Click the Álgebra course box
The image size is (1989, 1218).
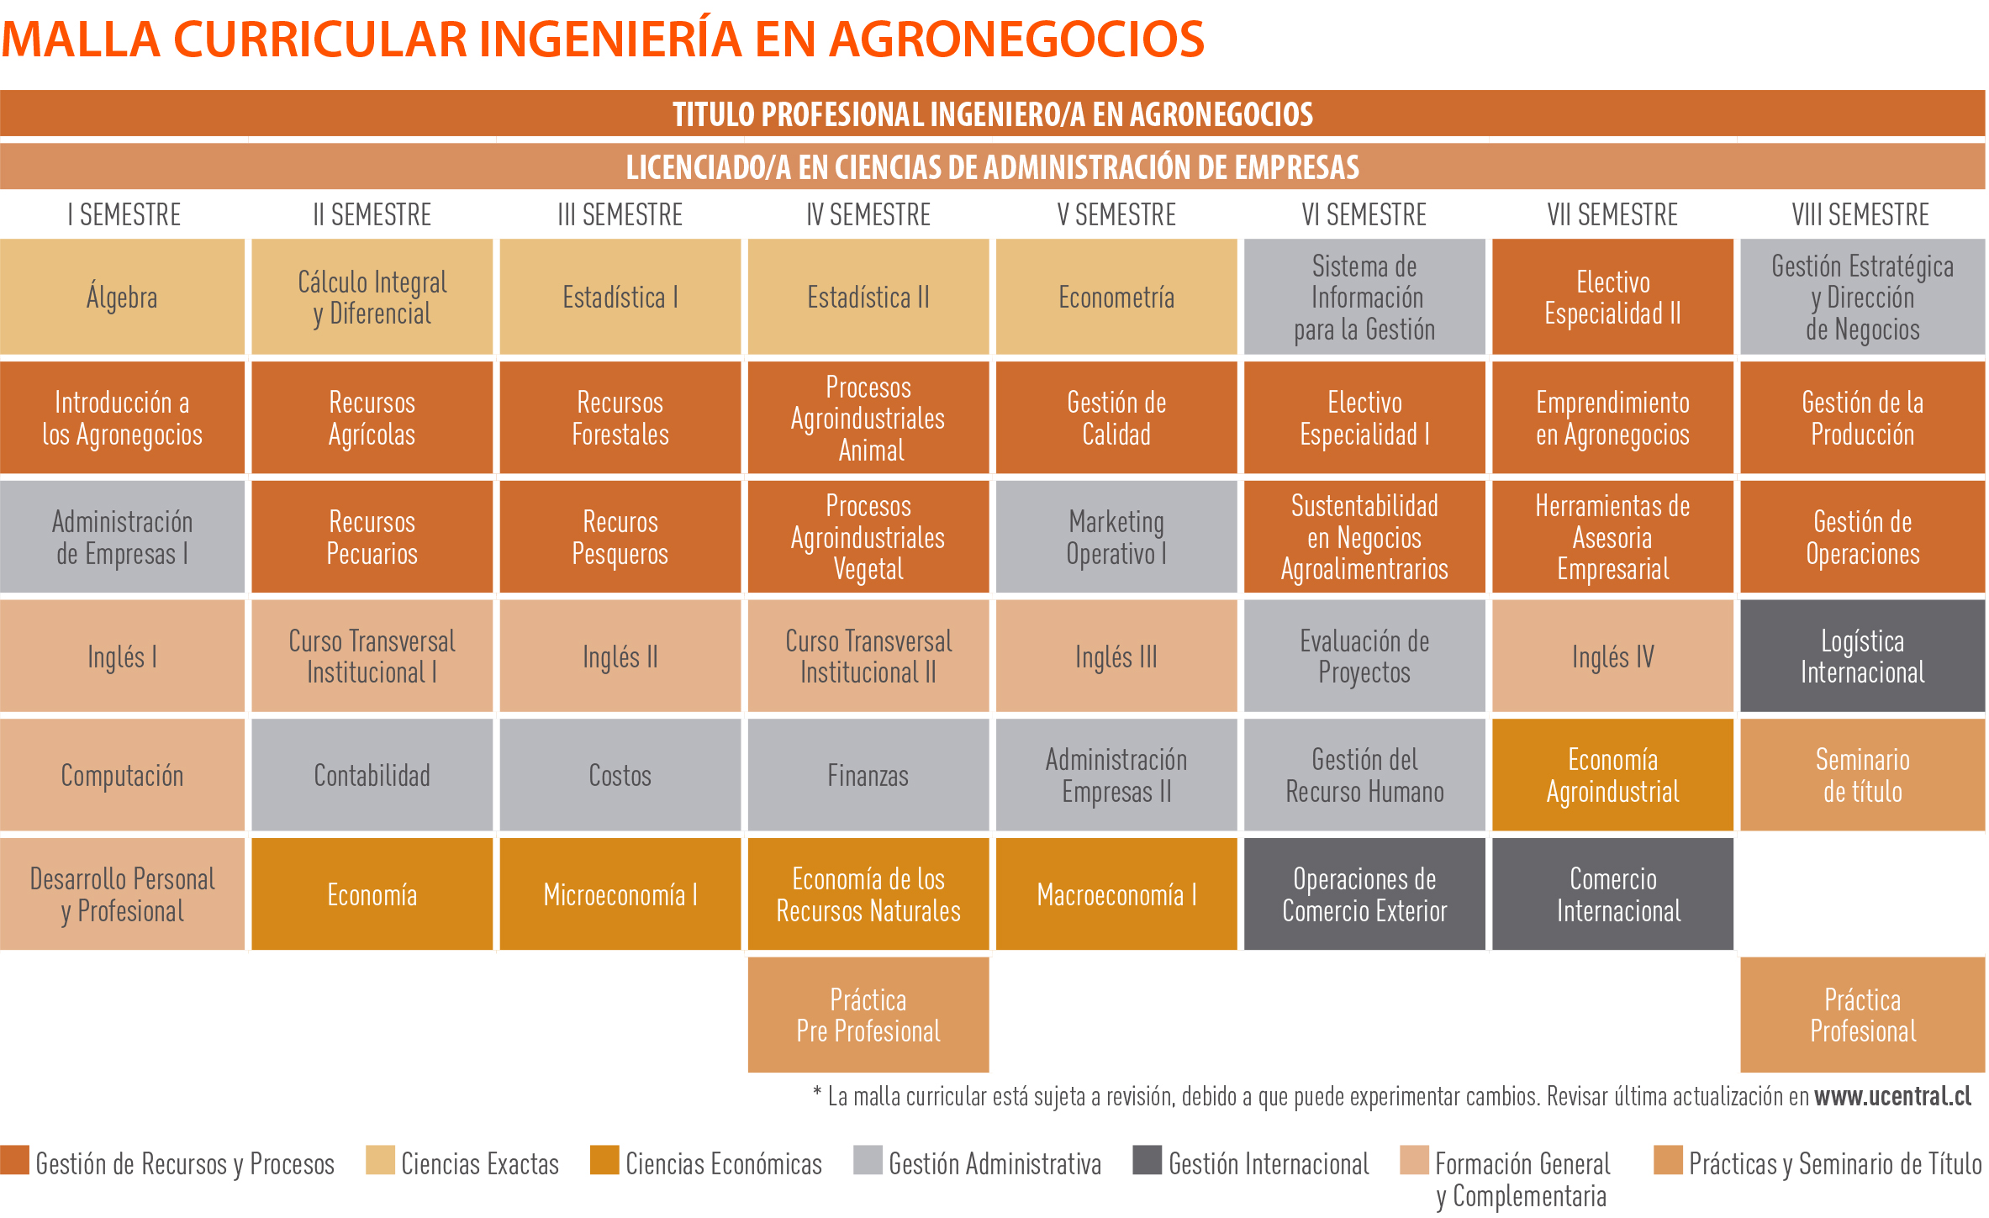122,297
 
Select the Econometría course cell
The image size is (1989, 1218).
1116,297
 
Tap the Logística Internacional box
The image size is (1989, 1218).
1862,656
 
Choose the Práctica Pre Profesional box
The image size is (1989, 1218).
868,1015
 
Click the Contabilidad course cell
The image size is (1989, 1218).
372,775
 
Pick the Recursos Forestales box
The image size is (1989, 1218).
620,418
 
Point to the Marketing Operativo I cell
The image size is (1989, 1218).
1116,537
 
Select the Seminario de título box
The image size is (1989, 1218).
1862,775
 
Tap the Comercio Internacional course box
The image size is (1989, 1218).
1612,894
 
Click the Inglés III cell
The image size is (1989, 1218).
1116,656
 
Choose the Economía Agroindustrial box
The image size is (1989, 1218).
1612,775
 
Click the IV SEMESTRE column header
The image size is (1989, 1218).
868,215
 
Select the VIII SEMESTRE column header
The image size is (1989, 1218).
1860,215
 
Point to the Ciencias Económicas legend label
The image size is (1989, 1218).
723,1164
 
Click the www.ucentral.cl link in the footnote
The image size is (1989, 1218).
1892,1096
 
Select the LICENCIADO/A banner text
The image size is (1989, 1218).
992,167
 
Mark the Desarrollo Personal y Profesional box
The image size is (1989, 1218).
122,894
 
